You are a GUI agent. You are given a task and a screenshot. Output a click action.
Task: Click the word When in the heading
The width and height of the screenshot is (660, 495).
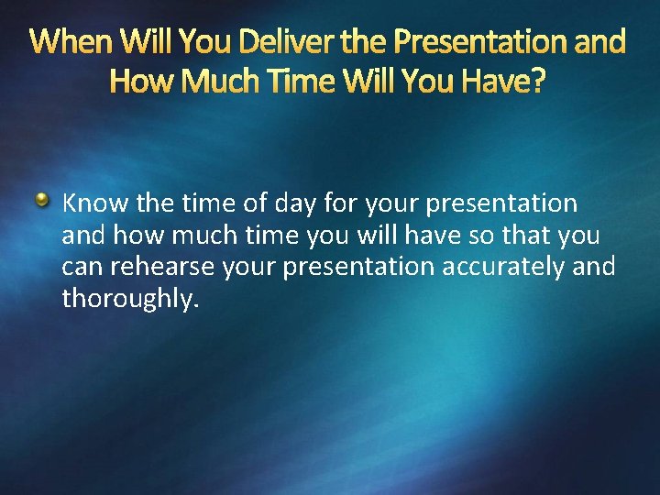pyautogui.click(x=71, y=42)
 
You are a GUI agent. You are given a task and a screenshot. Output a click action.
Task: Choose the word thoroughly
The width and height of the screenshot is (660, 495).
pyautogui.click(x=129, y=299)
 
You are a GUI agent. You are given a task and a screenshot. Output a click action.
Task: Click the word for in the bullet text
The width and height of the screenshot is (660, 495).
pyautogui.click(x=340, y=203)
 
